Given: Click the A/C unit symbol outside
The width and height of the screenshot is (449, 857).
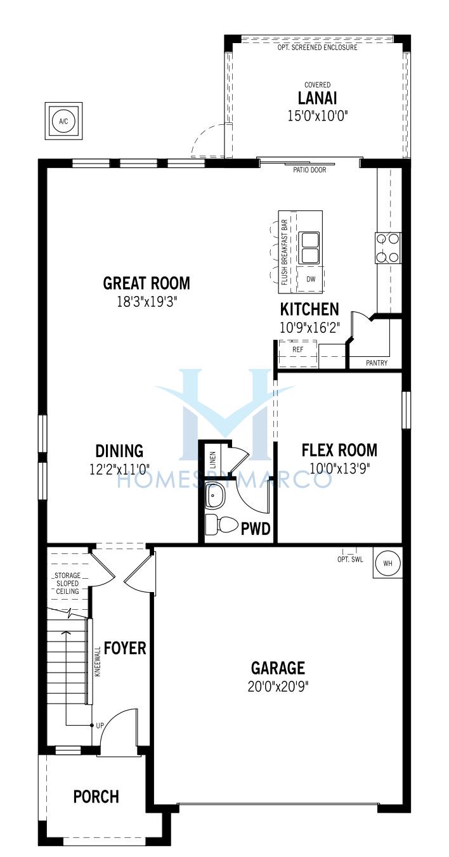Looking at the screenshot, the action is pos(63,121).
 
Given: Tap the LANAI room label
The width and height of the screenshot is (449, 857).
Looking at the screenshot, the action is pos(317,98).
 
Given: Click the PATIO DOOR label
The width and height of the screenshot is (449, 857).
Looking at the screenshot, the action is pos(309,170).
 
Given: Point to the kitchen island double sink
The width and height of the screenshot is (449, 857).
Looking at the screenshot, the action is pos(309,247).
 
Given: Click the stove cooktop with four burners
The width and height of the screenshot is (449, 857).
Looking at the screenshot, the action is pos(388,248).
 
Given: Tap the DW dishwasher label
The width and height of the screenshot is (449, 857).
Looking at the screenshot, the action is pos(311,279).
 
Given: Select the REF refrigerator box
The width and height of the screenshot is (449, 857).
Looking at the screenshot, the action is pos(298,354).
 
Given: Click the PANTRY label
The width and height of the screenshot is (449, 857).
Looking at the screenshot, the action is pos(377,363).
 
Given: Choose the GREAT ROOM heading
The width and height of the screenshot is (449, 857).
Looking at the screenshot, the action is pos(146,283).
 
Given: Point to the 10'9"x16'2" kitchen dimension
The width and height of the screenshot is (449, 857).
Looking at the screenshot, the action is pos(309,327).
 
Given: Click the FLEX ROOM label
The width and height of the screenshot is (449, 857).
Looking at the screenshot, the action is pos(339,450).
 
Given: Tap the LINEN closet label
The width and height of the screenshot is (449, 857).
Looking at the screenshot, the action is pos(213,460).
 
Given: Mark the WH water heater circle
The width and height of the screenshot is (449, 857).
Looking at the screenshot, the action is pos(387,563).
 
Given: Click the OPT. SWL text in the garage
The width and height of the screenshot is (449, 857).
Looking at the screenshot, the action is pos(350,559).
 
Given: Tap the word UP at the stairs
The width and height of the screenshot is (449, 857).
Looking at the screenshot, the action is pos(100,725).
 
